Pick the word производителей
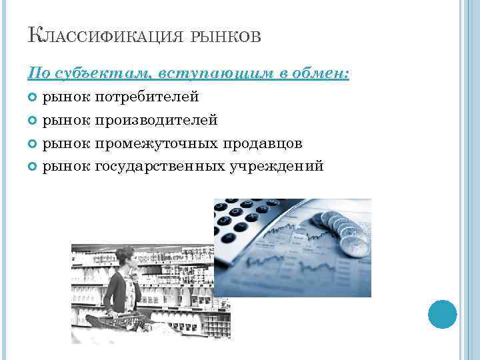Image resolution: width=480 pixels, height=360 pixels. tap(157, 120)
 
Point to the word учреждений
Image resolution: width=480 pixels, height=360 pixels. tap(277, 165)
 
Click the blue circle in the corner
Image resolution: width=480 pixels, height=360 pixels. tap(442, 314)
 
